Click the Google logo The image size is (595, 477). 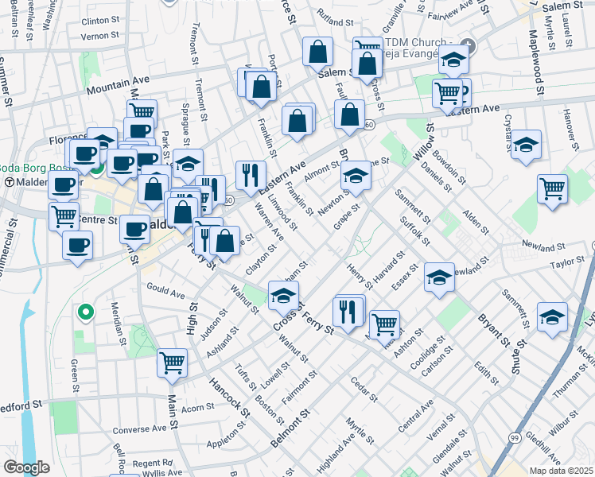coord(26,467)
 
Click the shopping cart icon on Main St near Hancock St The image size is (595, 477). coord(173,362)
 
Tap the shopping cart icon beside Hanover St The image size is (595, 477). coord(552,188)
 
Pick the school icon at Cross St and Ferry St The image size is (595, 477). coord(283,296)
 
